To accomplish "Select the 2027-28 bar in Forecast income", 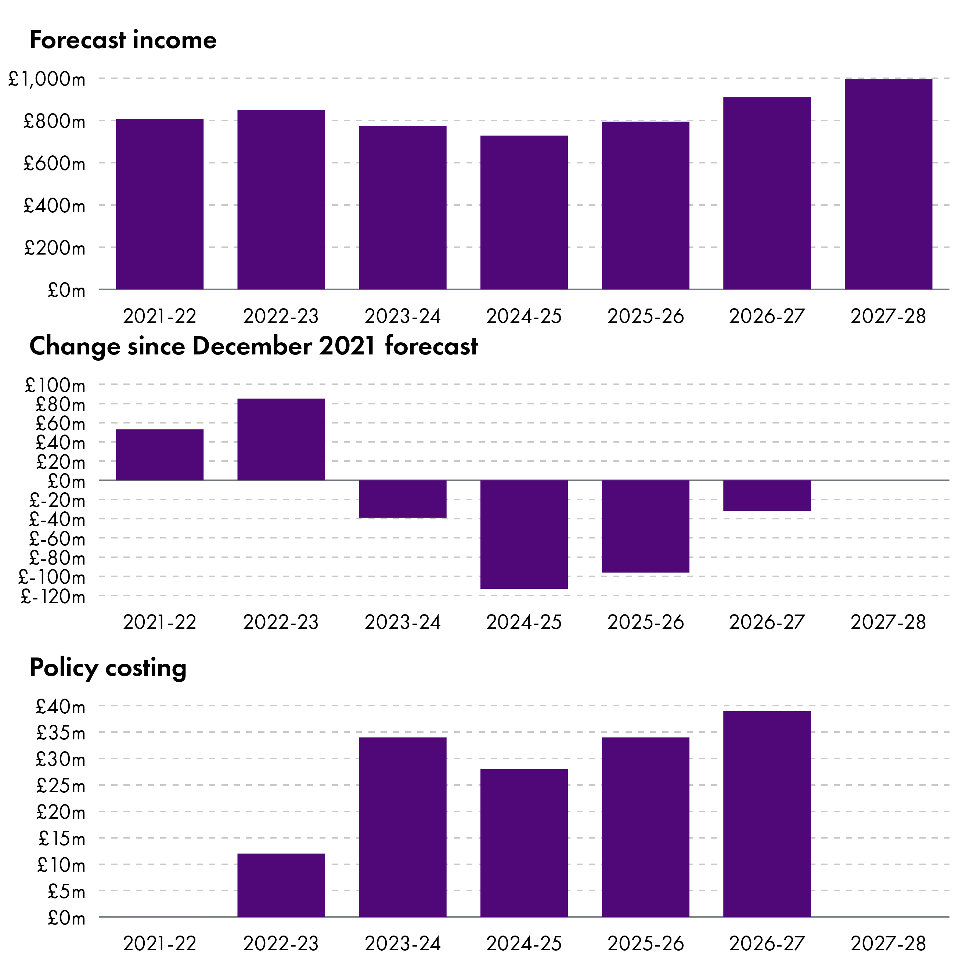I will [888, 185].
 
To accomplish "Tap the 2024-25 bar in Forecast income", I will [524, 213].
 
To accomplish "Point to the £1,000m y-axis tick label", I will [47, 79].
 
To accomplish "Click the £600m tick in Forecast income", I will [54, 163].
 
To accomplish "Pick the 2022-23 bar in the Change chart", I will [281, 439].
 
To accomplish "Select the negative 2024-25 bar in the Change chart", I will [524, 534].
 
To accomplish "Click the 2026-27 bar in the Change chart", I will [767, 496].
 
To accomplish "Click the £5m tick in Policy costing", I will [66, 891].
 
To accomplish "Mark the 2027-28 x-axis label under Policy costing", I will [888, 944].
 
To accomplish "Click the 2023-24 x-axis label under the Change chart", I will [402, 622].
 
